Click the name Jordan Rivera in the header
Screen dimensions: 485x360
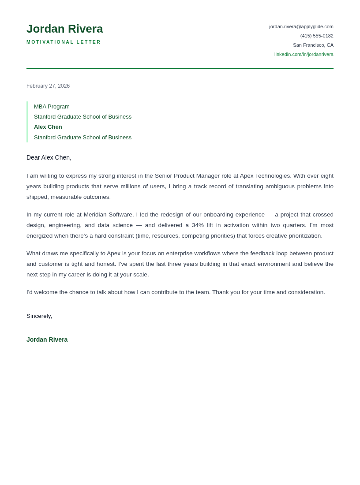(x=64, y=29)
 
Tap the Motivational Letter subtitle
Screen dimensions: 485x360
(x=64, y=42)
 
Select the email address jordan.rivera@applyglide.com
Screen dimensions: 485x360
(x=301, y=26)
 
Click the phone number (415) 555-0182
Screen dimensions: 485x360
(x=316, y=36)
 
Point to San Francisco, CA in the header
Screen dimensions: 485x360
(x=313, y=45)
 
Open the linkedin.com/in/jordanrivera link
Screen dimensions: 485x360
(x=304, y=54)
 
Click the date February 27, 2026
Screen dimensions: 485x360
(x=48, y=86)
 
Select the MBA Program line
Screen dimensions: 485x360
(x=52, y=107)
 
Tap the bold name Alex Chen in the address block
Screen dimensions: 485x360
(x=48, y=127)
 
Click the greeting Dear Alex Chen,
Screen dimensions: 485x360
(x=49, y=157)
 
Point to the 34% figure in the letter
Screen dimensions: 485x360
(x=198, y=225)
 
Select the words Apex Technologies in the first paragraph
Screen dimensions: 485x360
(x=265, y=176)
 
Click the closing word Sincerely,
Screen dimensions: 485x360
(x=39, y=316)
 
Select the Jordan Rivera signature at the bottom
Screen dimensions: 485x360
(x=47, y=339)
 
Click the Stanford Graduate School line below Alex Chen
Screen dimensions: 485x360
(x=82, y=138)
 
